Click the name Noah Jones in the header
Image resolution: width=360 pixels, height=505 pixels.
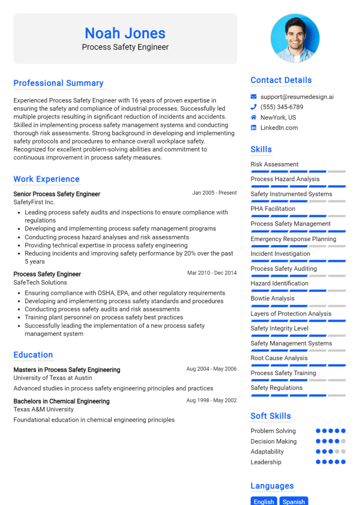pyautogui.click(x=125, y=33)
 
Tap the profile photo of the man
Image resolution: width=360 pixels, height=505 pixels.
pyautogui.click(x=295, y=38)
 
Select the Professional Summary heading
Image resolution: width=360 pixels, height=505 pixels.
pyautogui.click(x=59, y=83)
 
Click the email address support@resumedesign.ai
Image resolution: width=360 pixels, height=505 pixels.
pyautogui.click(x=297, y=97)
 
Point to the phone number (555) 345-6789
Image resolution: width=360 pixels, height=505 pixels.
pyautogui.click(x=282, y=107)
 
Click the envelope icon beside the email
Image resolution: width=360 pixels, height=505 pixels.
pyautogui.click(x=254, y=97)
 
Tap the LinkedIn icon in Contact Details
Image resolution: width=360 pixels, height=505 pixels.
pyautogui.click(x=254, y=128)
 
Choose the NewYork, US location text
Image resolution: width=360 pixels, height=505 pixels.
pyautogui.click(x=278, y=118)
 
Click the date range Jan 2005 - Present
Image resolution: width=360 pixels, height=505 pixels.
pyautogui.click(x=214, y=193)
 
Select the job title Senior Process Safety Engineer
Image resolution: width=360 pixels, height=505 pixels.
pyautogui.click(x=57, y=194)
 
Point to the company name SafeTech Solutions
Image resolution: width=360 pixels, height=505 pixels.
pyautogui.click(x=40, y=282)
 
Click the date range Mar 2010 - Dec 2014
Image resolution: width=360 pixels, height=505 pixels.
pyautogui.click(x=212, y=273)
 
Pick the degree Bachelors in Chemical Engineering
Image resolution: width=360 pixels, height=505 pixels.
pyautogui.click(x=61, y=401)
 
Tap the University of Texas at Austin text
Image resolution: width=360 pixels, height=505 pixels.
pyautogui.click(x=52, y=378)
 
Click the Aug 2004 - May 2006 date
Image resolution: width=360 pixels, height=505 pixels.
pyautogui.click(x=211, y=369)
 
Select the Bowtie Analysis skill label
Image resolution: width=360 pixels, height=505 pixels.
pyautogui.click(x=272, y=298)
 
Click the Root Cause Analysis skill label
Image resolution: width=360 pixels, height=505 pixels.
pyautogui.click(x=279, y=358)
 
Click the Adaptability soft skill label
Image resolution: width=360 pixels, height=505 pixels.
pyautogui.click(x=267, y=452)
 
